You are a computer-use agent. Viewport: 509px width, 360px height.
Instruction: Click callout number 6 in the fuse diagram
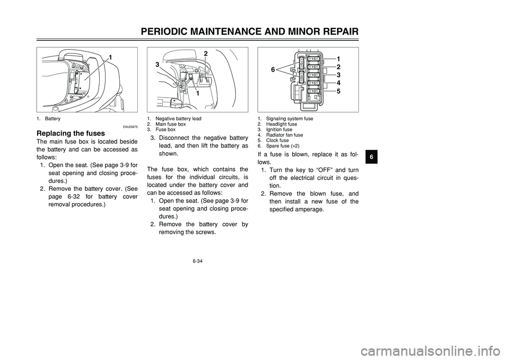pos(274,69)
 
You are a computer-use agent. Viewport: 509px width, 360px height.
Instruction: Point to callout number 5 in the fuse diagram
pos(338,91)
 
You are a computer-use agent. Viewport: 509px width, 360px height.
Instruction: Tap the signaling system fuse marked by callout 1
pos(314,59)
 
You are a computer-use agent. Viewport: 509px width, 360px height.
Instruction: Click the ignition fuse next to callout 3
pos(314,75)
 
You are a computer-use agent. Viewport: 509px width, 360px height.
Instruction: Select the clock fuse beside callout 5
pos(314,91)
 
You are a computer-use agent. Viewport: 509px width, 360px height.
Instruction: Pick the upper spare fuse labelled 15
pos(301,63)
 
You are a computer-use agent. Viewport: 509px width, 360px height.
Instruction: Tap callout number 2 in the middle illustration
pos(204,54)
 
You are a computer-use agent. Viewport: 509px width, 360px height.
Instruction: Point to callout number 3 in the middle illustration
pos(157,65)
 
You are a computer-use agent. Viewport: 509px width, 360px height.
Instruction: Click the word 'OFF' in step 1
pos(321,169)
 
